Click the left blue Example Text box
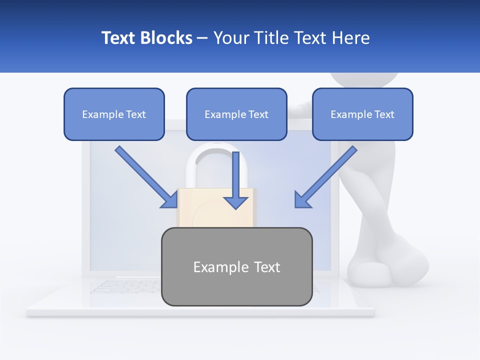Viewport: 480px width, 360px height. point(114,114)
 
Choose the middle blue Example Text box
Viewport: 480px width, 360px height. point(236,114)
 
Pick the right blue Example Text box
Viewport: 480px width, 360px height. point(362,114)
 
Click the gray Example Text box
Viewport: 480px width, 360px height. point(236,266)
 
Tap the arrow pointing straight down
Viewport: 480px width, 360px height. point(235,180)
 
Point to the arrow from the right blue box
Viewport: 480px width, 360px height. point(325,176)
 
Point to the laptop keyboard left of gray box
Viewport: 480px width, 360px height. point(125,286)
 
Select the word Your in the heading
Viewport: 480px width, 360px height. point(231,38)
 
